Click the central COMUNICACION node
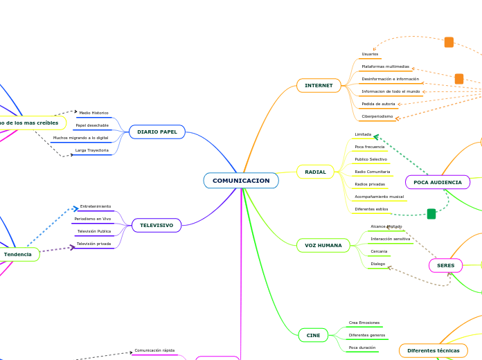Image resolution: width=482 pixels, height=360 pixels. [x=241, y=181]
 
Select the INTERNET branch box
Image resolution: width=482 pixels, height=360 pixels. [x=319, y=85]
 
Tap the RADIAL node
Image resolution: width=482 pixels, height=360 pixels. [x=315, y=172]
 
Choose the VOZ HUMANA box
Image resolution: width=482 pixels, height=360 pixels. [x=323, y=246]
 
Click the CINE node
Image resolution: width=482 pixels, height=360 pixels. [x=313, y=335]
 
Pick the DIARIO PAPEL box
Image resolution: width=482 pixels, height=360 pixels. [x=157, y=132]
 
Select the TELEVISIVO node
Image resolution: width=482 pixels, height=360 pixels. [x=157, y=226]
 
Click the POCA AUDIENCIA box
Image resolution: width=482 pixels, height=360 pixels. [x=437, y=182]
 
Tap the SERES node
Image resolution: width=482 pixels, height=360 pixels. [x=445, y=265]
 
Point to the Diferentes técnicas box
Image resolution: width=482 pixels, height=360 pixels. [x=433, y=351]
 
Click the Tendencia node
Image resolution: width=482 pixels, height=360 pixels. [x=18, y=255]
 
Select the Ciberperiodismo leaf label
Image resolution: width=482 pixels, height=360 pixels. [x=377, y=116]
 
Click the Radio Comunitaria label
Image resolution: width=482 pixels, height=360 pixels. [x=373, y=172]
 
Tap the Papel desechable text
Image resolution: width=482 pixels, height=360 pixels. [x=92, y=125]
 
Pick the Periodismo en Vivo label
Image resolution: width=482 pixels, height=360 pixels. [x=93, y=219]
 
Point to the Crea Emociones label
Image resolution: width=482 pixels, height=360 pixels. [x=364, y=323]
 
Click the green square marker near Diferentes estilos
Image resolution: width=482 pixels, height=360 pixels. [x=431, y=214]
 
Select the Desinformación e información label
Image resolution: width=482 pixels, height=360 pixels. [x=390, y=79]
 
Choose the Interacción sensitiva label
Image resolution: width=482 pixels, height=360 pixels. [x=390, y=239]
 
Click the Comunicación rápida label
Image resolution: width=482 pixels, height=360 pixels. [x=154, y=351]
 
